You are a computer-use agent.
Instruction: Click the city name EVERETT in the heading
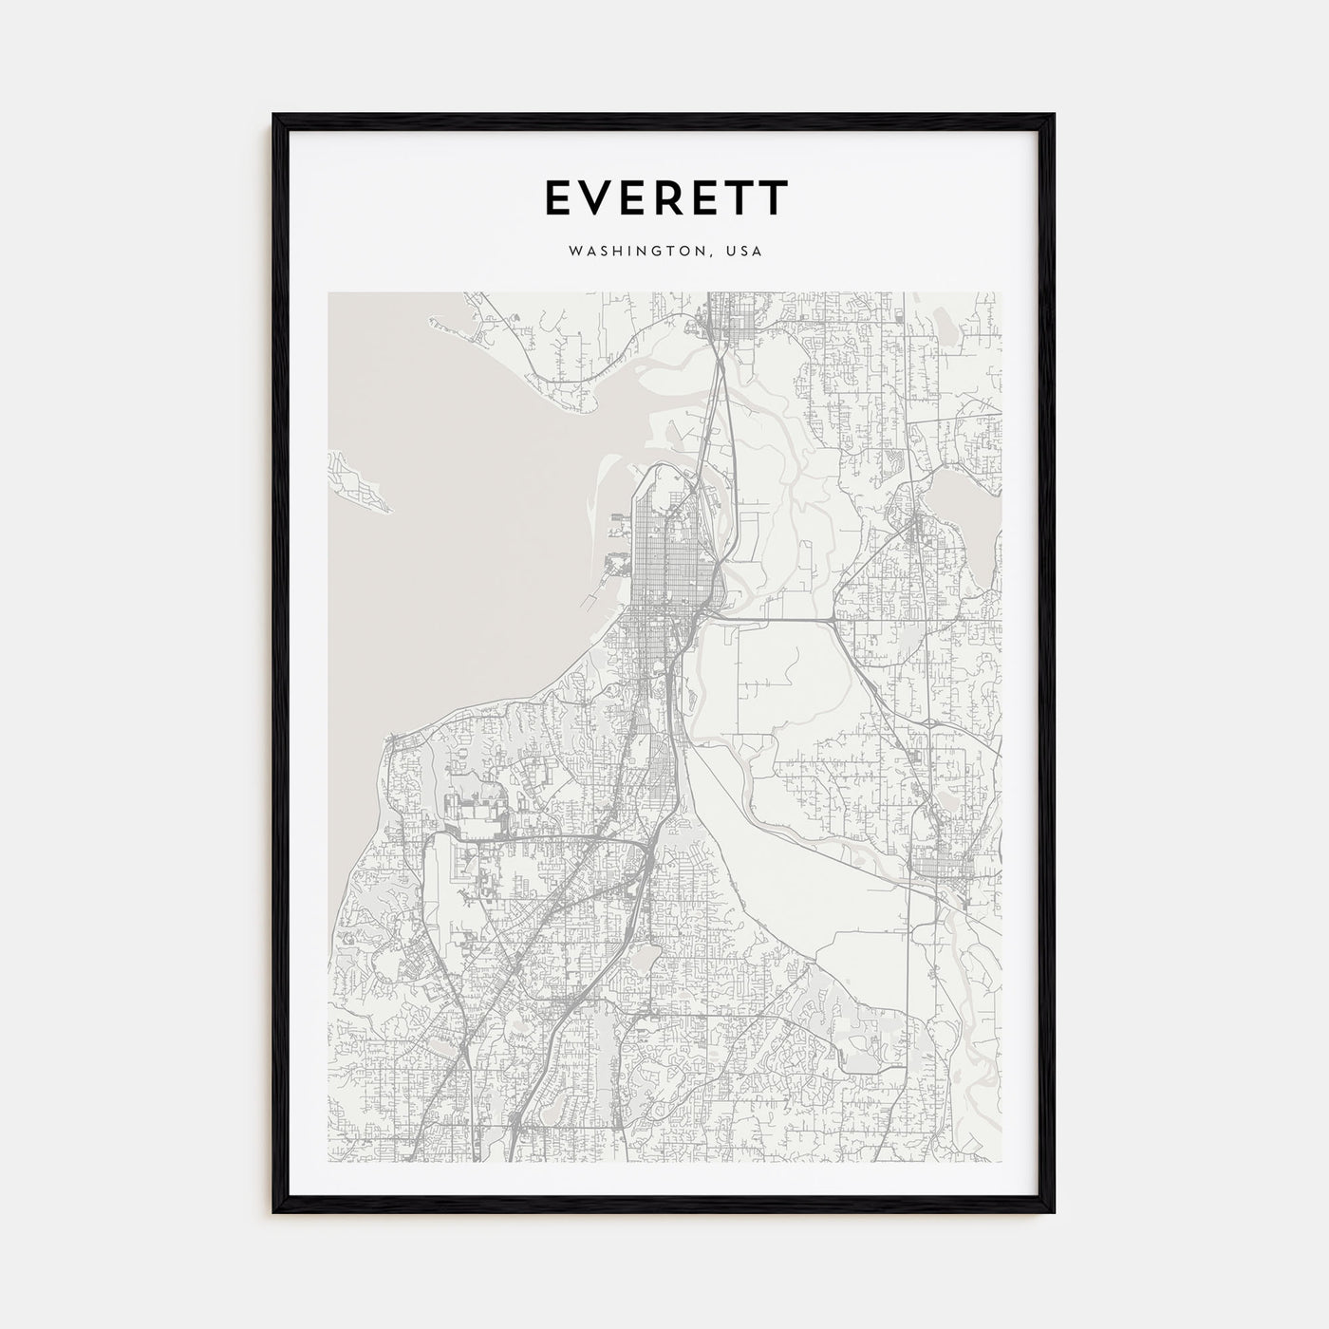pos(664,197)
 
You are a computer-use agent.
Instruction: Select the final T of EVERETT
pos(774,197)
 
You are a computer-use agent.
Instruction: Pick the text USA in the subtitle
pos(744,252)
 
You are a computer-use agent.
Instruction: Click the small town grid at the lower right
pos(949,864)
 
